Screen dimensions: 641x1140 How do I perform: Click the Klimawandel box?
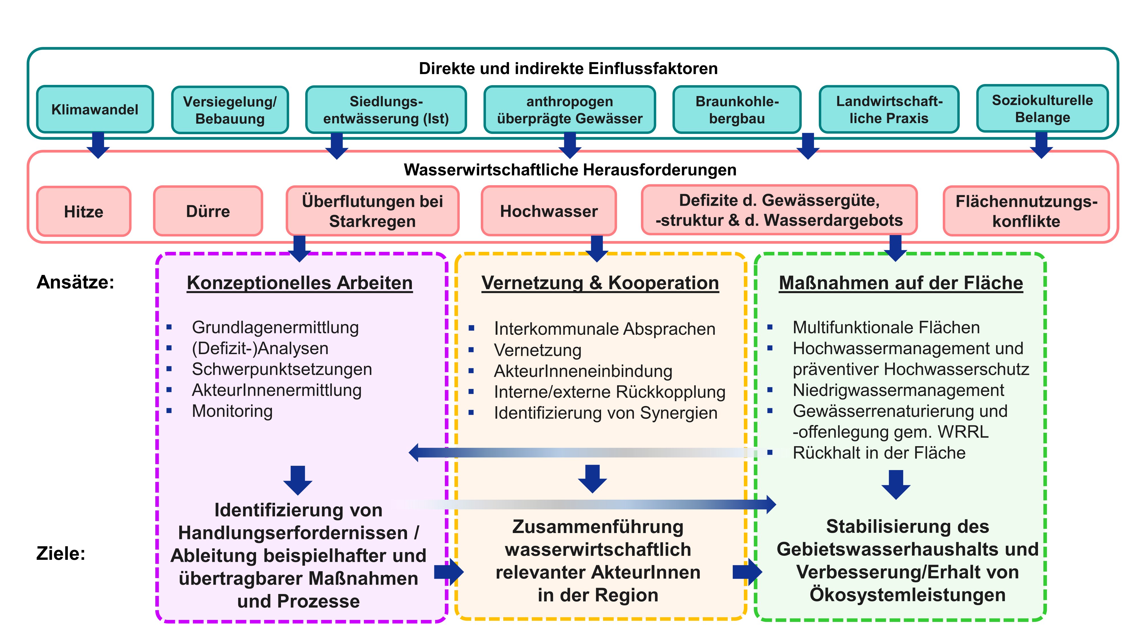95,109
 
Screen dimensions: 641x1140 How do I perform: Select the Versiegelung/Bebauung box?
230,110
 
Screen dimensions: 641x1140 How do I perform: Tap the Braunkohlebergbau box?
736,110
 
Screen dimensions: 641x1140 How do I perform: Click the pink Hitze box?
84,211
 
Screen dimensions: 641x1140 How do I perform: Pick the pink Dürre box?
208,211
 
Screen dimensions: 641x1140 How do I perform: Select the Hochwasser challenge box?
548,211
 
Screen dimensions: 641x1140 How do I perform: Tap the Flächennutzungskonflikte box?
1026,211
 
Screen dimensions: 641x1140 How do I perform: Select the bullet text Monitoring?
232,411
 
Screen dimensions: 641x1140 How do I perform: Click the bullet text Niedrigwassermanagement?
898,390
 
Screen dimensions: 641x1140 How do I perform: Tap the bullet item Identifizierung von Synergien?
605,413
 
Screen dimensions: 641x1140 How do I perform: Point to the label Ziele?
61,554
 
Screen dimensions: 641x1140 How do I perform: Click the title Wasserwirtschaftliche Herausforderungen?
570,170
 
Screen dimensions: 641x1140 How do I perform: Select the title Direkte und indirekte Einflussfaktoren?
568,69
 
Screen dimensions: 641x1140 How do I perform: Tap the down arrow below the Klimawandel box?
98,145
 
